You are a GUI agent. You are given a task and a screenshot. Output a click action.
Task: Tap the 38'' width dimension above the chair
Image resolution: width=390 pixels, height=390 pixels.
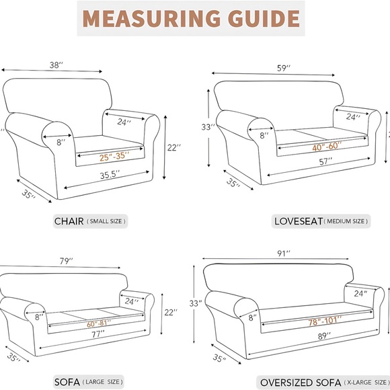coord(56,65)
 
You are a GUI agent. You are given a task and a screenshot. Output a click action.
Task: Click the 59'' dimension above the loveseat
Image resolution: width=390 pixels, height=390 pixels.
coord(284,67)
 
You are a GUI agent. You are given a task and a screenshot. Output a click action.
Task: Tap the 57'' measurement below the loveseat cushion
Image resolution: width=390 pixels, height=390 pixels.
coord(325,162)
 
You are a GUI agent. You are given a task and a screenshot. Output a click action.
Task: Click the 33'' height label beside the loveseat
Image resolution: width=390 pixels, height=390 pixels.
coord(208,126)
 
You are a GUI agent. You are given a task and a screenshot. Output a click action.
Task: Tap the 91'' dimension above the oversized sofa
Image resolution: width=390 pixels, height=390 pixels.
coord(284,253)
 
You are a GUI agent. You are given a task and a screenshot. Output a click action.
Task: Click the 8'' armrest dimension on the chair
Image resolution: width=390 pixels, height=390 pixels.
coord(60,142)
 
